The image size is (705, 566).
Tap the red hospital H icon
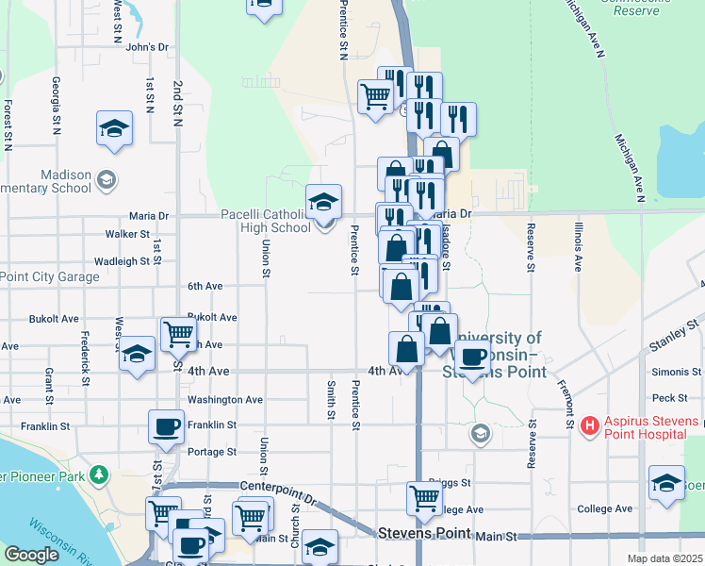[591, 426]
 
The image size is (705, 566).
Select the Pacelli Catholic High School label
[265, 221]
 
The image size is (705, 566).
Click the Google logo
[31, 556]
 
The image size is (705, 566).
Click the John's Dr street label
[145, 46]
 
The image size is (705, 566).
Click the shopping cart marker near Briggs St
[424, 496]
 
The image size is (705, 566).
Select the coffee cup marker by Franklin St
[167, 426]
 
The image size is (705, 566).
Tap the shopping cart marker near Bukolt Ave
[178, 332]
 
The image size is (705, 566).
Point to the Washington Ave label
[224, 400]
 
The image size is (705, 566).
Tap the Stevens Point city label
[423, 533]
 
